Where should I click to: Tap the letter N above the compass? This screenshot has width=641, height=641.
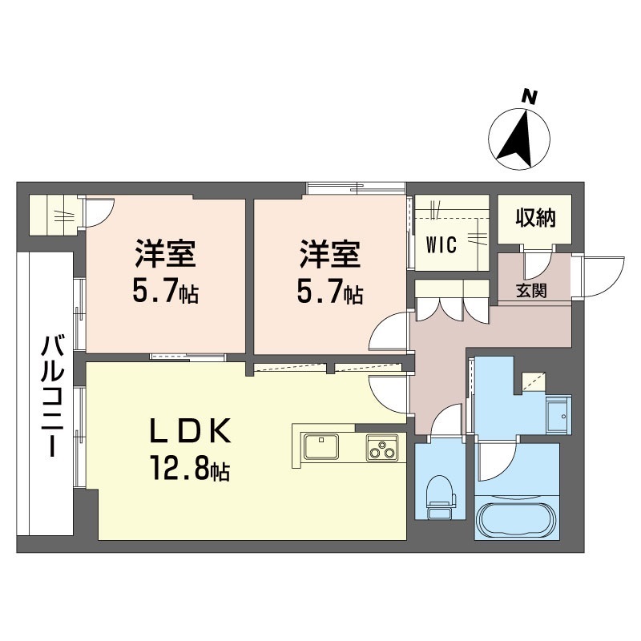point(529,97)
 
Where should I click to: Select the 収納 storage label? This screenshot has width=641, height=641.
point(534,218)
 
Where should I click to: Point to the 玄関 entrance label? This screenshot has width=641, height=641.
point(532,291)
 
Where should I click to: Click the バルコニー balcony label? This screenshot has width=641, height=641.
point(50,396)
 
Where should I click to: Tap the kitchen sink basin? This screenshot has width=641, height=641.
point(320,444)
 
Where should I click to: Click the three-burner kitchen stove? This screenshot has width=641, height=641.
point(382,449)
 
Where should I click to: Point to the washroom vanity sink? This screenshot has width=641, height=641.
point(558,413)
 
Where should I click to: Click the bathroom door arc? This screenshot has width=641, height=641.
point(495,461)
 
